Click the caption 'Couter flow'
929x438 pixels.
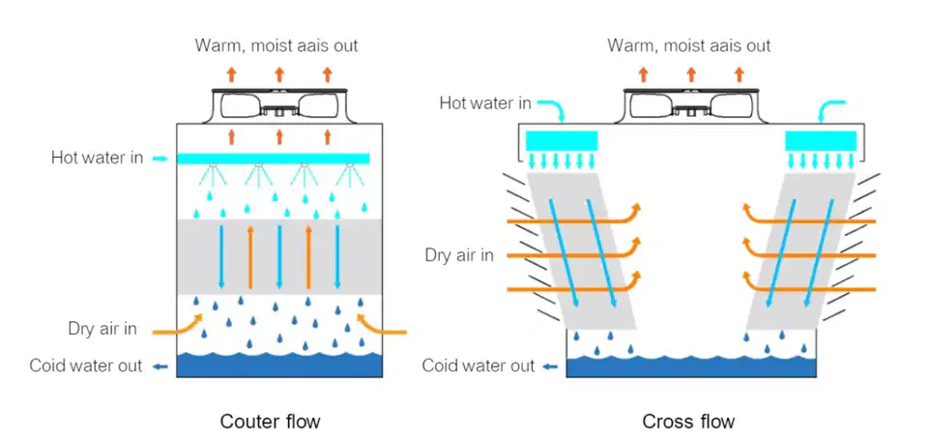pos(270,422)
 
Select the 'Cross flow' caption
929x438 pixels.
pos(688,422)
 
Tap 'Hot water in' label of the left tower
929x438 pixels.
pos(98,159)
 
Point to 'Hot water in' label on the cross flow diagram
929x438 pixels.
pos(485,103)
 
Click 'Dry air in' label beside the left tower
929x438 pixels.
pos(102,329)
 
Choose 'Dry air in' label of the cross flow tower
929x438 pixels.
pos(459,256)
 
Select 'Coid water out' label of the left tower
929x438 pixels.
pos(86,365)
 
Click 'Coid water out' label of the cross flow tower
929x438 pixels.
pos(479,365)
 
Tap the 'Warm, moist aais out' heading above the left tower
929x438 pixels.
pos(276,45)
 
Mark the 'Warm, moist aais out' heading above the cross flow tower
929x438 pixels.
pos(688,45)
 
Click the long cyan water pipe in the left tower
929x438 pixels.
pos(274,159)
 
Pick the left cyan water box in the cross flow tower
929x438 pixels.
pos(562,141)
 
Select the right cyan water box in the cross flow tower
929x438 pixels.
pos(821,141)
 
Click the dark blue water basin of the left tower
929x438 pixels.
pos(279,365)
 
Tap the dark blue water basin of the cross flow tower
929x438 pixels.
pos(691,366)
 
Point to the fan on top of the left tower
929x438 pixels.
pos(279,105)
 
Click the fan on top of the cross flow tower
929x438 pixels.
pos(691,105)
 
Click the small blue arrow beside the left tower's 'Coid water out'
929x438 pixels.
pos(160,366)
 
